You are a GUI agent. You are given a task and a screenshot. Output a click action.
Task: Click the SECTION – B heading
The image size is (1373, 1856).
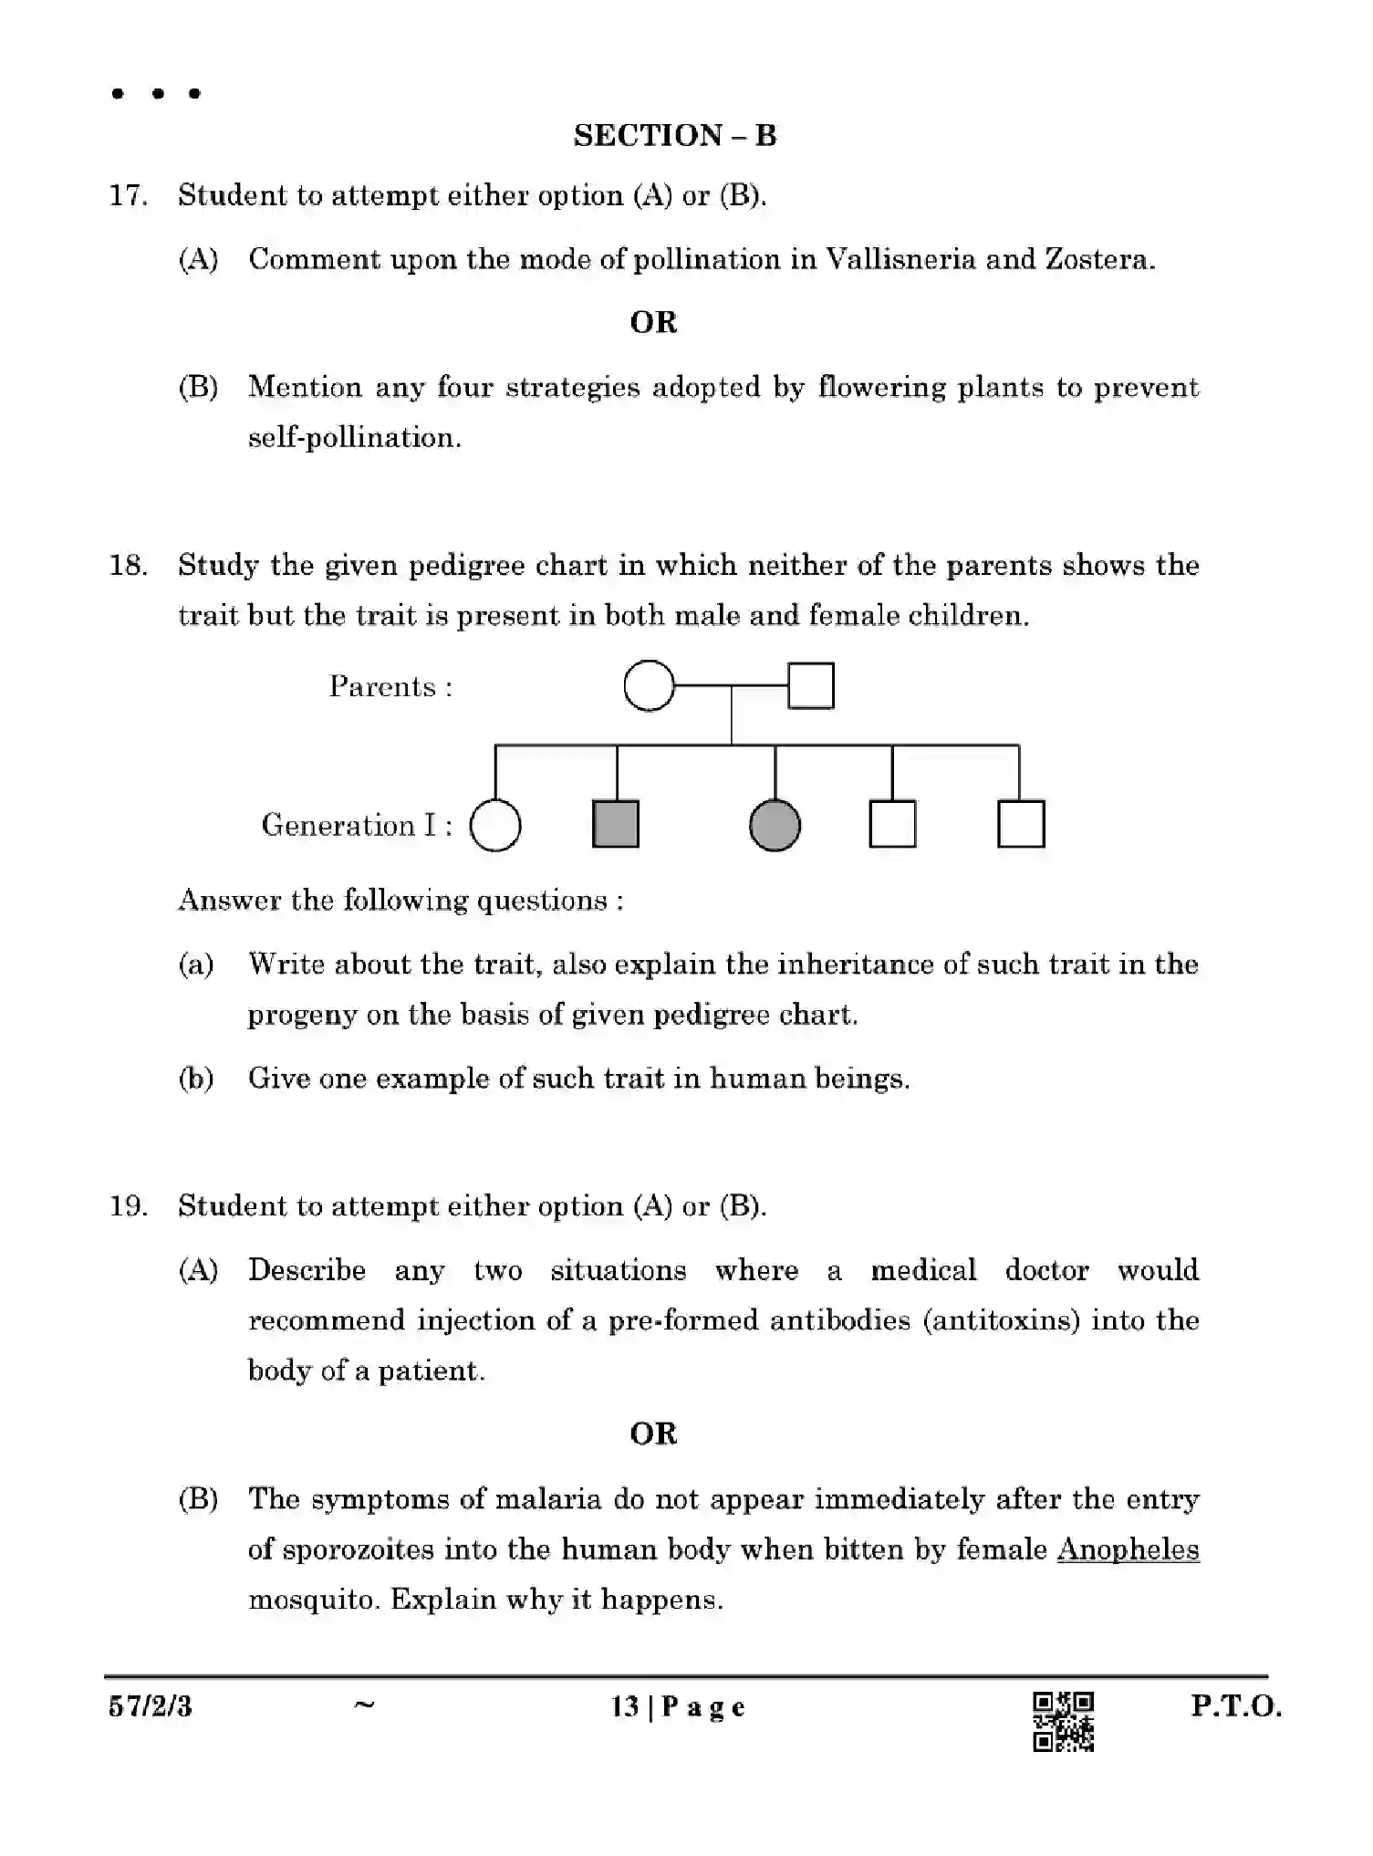(674, 135)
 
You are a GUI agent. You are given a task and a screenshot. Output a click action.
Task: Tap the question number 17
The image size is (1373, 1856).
(128, 195)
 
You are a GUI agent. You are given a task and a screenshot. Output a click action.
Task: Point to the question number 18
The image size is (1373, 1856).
(128, 566)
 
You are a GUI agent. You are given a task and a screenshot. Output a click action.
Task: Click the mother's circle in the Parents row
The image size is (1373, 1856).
(649, 685)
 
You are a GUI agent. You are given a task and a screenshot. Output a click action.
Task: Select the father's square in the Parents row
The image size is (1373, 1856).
(810, 685)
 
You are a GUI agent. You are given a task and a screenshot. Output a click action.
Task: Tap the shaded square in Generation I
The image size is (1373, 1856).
(616, 825)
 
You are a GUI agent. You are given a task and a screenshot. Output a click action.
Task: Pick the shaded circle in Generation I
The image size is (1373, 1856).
(775, 826)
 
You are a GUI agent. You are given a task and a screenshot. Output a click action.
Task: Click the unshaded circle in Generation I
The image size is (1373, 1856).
(495, 826)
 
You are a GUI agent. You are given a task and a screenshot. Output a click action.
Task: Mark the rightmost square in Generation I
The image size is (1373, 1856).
(1021, 825)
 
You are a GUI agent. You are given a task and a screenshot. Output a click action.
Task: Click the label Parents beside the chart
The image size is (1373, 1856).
(390, 687)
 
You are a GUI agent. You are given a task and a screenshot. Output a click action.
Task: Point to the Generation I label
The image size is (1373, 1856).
(357, 826)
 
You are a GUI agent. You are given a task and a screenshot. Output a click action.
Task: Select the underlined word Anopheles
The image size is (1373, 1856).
(1128, 1550)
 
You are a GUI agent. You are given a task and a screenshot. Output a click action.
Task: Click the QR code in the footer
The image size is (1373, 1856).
(1063, 1722)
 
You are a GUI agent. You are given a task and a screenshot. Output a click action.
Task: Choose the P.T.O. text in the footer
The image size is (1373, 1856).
(1236, 1706)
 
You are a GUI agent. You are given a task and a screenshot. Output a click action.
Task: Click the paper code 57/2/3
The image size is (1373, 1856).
(151, 1706)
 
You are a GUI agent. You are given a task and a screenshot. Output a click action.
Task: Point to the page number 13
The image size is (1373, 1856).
(625, 1706)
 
